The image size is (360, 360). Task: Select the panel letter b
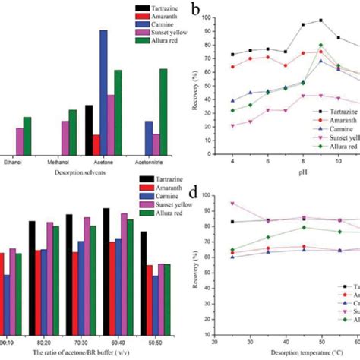[196, 11]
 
